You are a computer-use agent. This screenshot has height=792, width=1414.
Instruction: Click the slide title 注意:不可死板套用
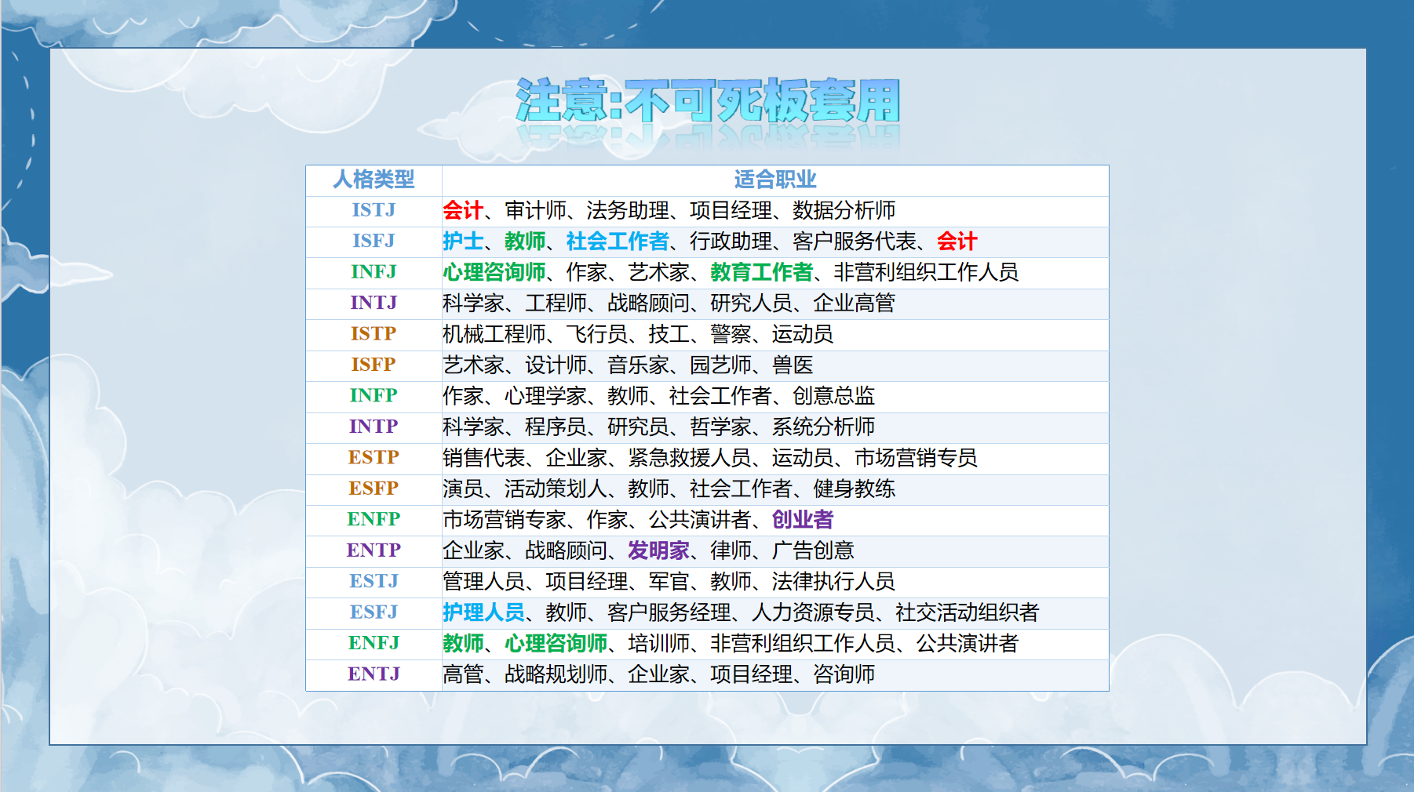pyautogui.click(x=708, y=100)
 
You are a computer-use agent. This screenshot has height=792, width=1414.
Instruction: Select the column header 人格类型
pyautogui.click(x=374, y=180)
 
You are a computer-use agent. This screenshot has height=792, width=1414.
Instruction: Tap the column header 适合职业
pyautogui.click(x=775, y=180)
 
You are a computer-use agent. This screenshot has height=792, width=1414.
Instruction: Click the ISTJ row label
pyautogui.click(x=374, y=210)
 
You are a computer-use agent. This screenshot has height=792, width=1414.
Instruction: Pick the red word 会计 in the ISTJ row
pyautogui.click(x=463, y=210)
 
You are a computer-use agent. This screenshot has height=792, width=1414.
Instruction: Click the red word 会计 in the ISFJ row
pyautogui.click(x=957, y=241)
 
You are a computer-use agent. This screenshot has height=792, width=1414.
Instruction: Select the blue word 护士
pyautogui.click(x=463, y=241)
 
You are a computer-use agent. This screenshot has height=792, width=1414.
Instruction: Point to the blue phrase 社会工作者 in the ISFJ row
pyautogui.click(x=618, y=241)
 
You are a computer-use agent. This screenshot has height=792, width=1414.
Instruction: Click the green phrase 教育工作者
pyautogui.click(x=762, y=272)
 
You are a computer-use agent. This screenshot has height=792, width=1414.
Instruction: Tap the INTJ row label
pyautogui.click(x=374, y=303)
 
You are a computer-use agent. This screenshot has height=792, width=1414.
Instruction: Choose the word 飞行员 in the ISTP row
pyautogui.click(x=597, y=334)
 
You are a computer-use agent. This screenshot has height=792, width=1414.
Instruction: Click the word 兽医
pyautogui.click(x=793, y=365)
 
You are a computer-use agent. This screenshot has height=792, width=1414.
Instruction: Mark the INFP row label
pyautogui.click(x=374, y=395)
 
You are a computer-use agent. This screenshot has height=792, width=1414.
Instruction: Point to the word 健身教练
pyautogui.click(x=855, y=489)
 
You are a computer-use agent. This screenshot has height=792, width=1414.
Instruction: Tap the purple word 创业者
pyautogui.click(x=803, y=519)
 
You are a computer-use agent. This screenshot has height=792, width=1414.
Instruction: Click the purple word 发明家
pyautogui.click(x=658, y=550)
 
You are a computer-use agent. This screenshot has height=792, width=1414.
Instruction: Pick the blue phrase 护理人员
pyautogui.click(x=483, y=612)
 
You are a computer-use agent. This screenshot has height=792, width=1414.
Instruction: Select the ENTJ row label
pyautogui.click(x=374, y=674)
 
